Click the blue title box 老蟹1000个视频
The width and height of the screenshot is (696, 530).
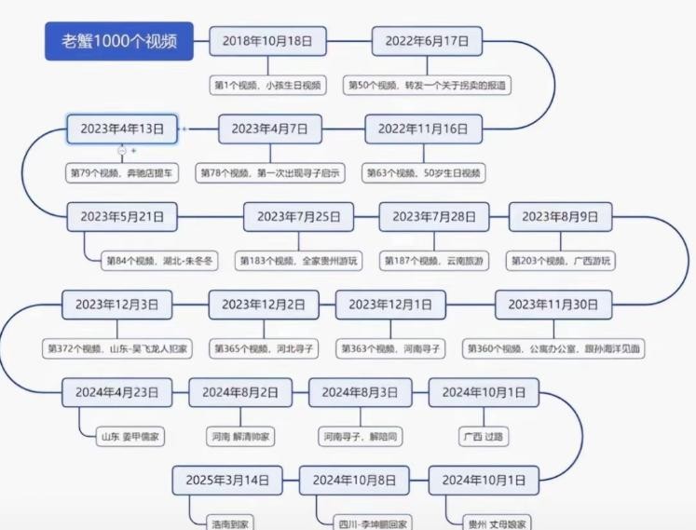pyautogui.click(x=119, y=42)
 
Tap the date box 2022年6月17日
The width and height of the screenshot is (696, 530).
pyautogui.click(x=427, y=41)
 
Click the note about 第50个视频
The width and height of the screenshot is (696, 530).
pyautogui.click(x=429, y=86)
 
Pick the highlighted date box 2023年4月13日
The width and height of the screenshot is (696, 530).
pyautogui.click(x=122, y=129)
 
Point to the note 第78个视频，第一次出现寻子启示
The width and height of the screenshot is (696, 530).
pyautogui.click(x=269, y=172)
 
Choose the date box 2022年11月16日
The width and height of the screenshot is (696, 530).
pyautogui.click(x=423, y=129)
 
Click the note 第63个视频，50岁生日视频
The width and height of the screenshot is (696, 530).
pyautogui.click(x=424, y=172)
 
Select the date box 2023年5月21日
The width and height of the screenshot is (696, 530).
pyautogui.click(x=122, y=217)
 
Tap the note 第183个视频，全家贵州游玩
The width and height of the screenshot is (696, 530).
pyautogui.click(x=298, y=261)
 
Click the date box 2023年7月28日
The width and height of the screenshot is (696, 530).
pyautogui.click(x=433, y=217)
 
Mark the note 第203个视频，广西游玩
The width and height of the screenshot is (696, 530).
pyautogui.click(x=562, y=261)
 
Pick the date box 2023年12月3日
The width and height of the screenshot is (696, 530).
pyautogui.click(x=117, y=305)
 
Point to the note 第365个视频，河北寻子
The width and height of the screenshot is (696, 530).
pyautogui.click(x=264, y=348)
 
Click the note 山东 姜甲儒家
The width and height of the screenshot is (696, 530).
pyautogui.click(x=136, y=435)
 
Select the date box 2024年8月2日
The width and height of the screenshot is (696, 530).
pyautogui.click(x=240, y=392)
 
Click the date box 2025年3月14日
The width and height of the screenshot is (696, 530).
pyautogui.click(x=227, y=481)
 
